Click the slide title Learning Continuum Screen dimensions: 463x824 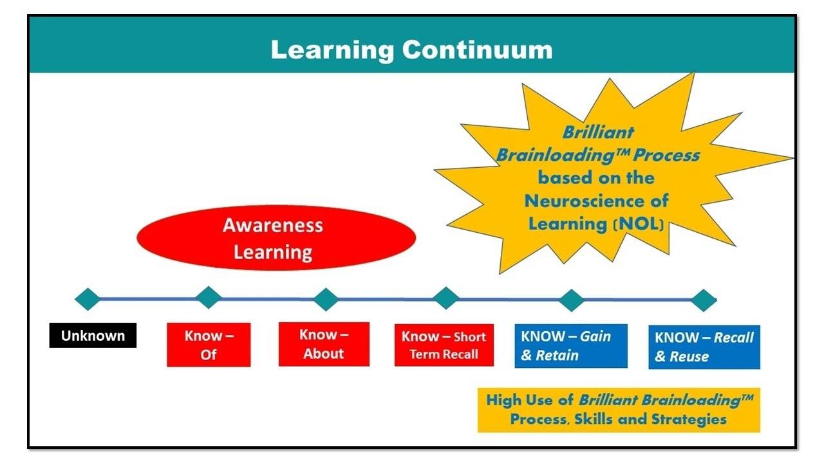point(411,50)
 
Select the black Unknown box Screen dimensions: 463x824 point(93,335)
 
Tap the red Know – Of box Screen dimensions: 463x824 point(209,345)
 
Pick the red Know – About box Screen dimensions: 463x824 point(324,344)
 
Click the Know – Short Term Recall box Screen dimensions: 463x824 point(444,345)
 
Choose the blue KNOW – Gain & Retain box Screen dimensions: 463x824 point(570,345)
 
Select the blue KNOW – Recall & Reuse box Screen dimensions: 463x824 point(704,347)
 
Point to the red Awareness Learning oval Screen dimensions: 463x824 point(276,238)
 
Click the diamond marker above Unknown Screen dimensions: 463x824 point(88,299)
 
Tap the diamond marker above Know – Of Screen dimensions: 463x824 point(208,298)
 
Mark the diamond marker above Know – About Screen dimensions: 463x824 point(326,299)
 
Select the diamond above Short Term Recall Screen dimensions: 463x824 point(445,298)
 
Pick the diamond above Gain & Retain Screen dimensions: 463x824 point(571,300)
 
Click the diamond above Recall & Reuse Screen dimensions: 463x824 point(703,300)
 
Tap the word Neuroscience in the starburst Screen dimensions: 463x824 point(582,201)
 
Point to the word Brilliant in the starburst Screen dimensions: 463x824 point(589,132)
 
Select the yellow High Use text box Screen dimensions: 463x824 point(619,410)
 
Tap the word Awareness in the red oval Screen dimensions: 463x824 point(273,226)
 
